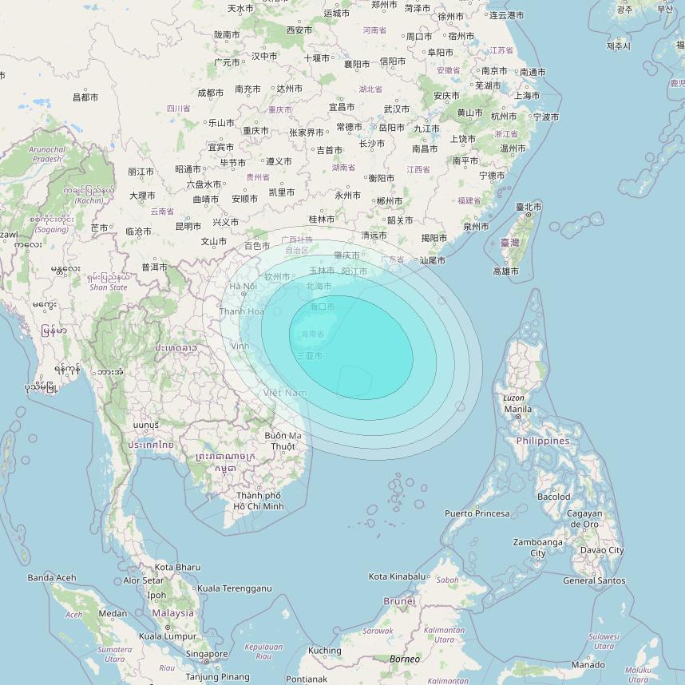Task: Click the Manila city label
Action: (517, 410)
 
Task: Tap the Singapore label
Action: (206, 653)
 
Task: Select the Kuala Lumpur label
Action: (167, 636)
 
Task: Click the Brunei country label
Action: (399, 600)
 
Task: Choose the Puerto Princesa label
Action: (477, 513)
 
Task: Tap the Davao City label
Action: (602, 550)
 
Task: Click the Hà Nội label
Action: (243, 287)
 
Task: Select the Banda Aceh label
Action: (52, 577)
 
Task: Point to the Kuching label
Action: (325, 651)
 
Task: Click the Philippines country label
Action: (543, 441)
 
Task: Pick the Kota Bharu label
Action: (177, 567)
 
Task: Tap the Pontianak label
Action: (306, 679)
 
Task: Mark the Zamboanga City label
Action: (537, 548)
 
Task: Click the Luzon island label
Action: (514, 398)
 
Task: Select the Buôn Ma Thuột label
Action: (283, 441)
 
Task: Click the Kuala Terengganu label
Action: (234, 588)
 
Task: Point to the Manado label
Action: (588, 665)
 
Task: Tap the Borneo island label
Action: (404, 659)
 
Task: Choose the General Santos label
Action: (594, 580)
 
